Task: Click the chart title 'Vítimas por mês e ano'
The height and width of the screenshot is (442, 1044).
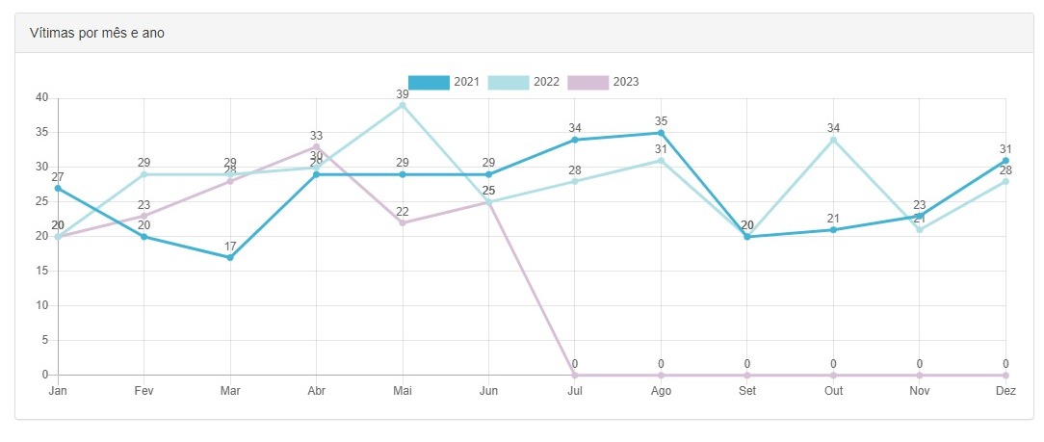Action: (96, 33)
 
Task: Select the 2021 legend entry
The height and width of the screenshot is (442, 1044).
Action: (444, 82)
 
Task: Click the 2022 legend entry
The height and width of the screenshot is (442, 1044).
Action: (524, 82)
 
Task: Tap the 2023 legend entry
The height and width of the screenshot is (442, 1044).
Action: (603, 82)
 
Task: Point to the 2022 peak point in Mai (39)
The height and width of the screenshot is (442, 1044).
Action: (403, 105)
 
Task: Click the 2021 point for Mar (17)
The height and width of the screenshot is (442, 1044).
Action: (230, 257)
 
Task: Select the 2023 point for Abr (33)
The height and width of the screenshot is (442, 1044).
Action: (316, 146)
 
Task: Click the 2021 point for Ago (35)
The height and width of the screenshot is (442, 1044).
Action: (661, 133)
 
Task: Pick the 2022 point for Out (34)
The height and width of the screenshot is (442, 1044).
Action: (833, 140)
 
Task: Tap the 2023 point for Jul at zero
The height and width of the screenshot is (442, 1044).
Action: (575, 375)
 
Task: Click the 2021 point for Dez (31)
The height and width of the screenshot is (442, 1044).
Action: (1005, 160)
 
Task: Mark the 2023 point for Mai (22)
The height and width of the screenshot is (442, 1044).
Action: (403, 222)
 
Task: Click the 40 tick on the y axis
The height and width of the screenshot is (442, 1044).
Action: (41, 97)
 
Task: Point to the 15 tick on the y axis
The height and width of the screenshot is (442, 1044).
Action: (41, 271)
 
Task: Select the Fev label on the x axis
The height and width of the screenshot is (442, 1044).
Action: (144, 390)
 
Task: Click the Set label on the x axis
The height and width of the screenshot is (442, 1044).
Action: (747, 390)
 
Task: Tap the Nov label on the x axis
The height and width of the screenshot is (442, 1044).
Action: (920, 390)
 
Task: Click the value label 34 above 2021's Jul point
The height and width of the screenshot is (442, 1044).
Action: (575, 128)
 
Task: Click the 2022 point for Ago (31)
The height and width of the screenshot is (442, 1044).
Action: (661, 160)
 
